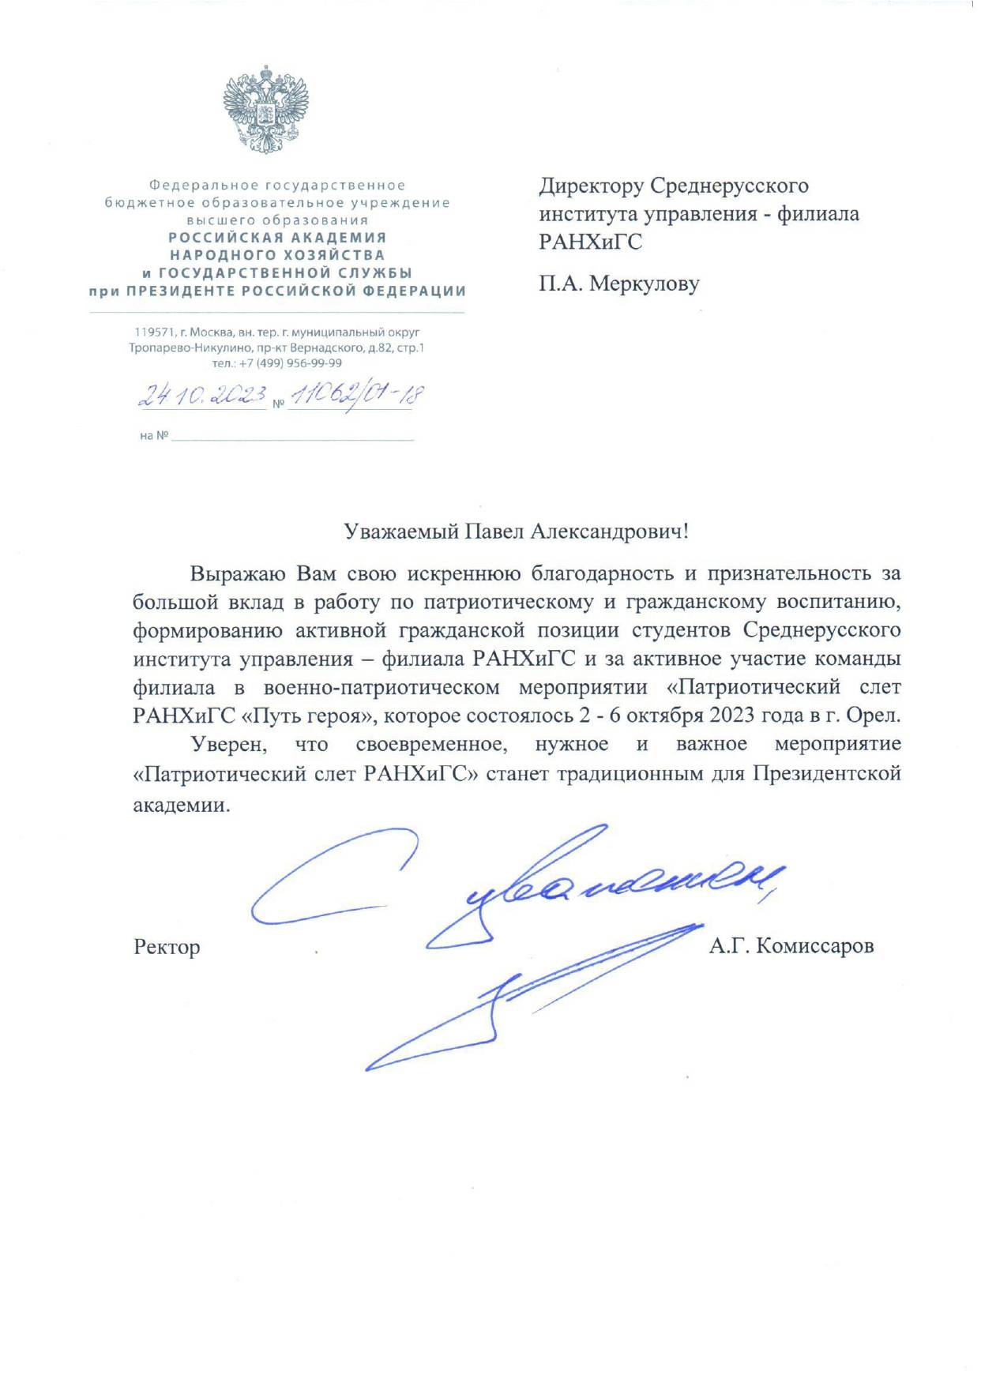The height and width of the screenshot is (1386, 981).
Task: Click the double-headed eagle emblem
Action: pyautogui.click(x=265, y=110)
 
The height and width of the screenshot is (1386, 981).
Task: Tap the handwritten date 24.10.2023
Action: pyautogui.click(x=202, y=394)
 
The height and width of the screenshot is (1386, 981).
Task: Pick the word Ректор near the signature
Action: pyautogui.click(x=167, y=946)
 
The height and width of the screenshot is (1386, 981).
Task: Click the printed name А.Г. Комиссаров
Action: pyautogui.click(x=791, y=945)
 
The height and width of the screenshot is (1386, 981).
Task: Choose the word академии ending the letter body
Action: pyautogui.click(x=182, y=806)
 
